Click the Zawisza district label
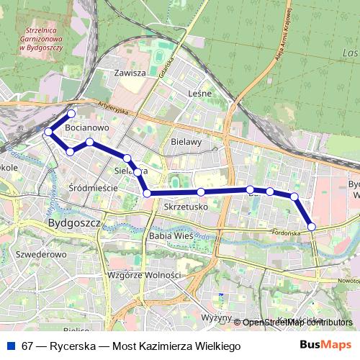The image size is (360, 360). (x=130, y=73)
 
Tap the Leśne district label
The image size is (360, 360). (x=199, y=94)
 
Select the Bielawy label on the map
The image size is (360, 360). (x=186, y=142)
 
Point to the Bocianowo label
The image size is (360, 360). (x=86, y=127)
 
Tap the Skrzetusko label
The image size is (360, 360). (x=186, y=207)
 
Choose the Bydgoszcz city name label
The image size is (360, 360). (x=73, y=224)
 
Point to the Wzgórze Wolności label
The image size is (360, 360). (x=143, y=275)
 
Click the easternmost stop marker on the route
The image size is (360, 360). (x=312, y=227)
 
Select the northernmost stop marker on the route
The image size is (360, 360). (x=71, y=114)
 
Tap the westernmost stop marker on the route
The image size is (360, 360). (x=48, y=132)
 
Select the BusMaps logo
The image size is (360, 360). (x=326, y=346)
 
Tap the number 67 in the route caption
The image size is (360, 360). (x=27, y=346)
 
